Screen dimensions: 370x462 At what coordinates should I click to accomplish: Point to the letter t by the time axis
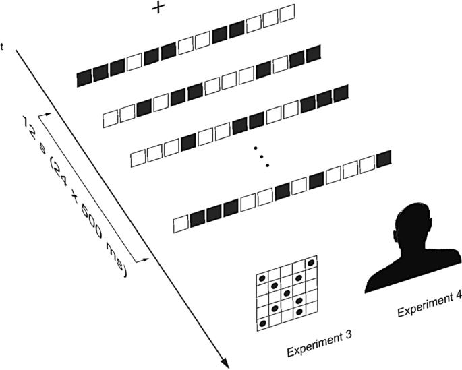pyautogui.click(x=4, y=47)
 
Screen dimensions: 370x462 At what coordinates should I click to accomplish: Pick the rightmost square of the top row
pyautogui.click(x=287, y=13)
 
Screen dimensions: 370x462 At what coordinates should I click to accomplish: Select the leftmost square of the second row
pyautogui.click(x=111, y=120)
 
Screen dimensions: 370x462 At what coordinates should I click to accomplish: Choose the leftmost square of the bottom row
pyautogui.click(x=181, y=222)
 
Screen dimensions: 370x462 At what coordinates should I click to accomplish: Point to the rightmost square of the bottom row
pyautogui.click(x=384, y=158)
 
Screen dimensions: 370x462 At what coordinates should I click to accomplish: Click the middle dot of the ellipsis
pyautogui.click(x=262, y=156)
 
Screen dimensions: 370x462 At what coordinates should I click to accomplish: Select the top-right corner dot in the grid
pyautogui.click(x=311, y=262)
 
